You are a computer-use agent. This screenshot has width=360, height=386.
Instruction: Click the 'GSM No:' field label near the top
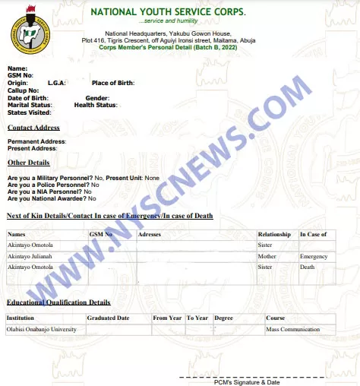21,75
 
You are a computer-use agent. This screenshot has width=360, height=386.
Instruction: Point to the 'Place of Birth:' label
113,83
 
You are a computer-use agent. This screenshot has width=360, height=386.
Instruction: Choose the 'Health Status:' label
96,105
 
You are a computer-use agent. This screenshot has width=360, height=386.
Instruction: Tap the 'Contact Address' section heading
33,128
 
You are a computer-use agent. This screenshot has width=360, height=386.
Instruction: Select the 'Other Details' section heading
29,163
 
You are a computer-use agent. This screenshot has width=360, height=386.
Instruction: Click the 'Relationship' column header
274,234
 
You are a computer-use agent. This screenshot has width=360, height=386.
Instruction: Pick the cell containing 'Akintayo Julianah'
31,257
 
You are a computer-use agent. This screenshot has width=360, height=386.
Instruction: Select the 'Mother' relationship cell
267,257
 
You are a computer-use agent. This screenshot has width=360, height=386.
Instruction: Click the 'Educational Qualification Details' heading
58,302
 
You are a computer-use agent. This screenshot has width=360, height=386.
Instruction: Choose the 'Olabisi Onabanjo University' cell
41,330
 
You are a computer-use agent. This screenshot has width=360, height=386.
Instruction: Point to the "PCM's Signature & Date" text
247,382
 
